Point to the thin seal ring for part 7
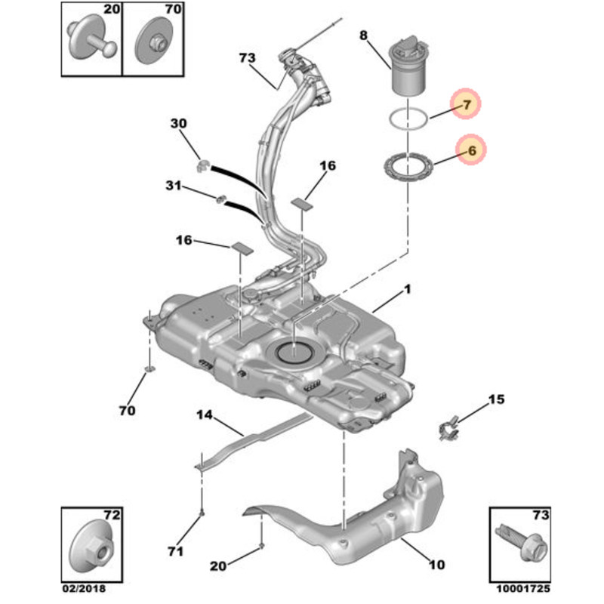pyautogui.click(x=406, y=118)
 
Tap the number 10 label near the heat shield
pyautogui.click(x=436, y=564)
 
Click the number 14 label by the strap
pyautogui.click(x=205, y=414)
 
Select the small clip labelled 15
pyautogui.click(x=448, y=427)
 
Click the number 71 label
pyautogui.click(x=174, y=552)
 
